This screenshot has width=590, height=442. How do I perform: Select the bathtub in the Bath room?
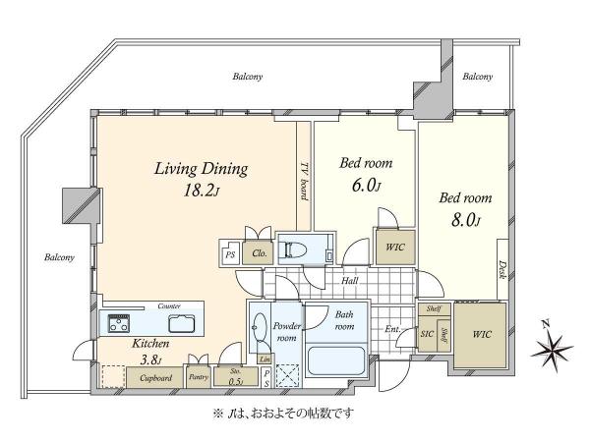click(x=336, y=360)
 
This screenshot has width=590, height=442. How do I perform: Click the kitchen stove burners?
click(x=119, y=323)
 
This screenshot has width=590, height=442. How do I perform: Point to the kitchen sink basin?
click(x=182, y=323)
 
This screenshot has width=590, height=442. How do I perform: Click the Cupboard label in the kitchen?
click(x=155, y=378)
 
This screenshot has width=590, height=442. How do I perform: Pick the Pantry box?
click(x=199, y=376)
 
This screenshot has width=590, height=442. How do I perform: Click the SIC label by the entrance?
click(x=427, y=334)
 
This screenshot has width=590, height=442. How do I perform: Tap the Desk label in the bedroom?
click(x=501, y=269)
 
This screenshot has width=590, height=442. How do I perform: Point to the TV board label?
click(x=304, y=182)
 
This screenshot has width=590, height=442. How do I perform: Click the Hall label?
click(x=349, y=280)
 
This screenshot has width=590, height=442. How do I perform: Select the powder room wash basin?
click(x=259, y=327)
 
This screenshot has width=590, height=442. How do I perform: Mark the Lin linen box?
click(x=265, y=359)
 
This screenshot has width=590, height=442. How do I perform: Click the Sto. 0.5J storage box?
click(x=236, y=376)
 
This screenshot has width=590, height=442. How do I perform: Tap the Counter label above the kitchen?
click(x=169, y=306)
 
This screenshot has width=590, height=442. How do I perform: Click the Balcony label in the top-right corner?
click(x=478, y=77)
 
